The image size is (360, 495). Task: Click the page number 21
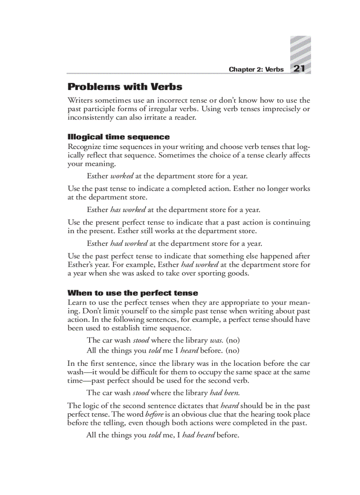(x=300, y=68)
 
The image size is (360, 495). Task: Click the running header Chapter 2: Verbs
(x=256, y=70)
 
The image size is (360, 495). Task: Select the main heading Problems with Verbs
(x=125, y=86)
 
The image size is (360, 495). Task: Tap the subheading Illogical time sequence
(x=118, y=137)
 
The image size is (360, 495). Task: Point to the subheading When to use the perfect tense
(x=132, y=293)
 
